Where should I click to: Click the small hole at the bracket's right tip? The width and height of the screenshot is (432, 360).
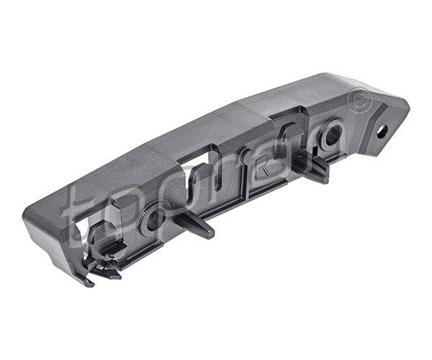coord(383,132)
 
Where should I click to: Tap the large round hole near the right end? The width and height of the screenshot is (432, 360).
coord(333,135)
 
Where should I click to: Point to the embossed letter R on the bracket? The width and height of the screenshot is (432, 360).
coord(263,167)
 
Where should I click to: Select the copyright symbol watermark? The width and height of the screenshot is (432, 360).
coord(359,100)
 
